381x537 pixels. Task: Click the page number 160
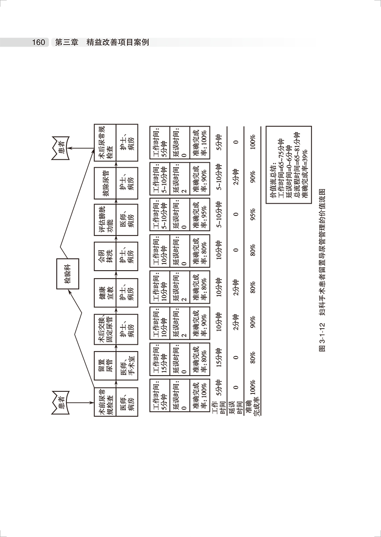click(x=38, y=43)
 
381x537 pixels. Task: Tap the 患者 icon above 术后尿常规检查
click(x=59, y=149)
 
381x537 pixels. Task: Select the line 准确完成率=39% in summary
click(x=304, y=166)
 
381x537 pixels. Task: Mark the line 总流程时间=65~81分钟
click(x=297, y=163)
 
